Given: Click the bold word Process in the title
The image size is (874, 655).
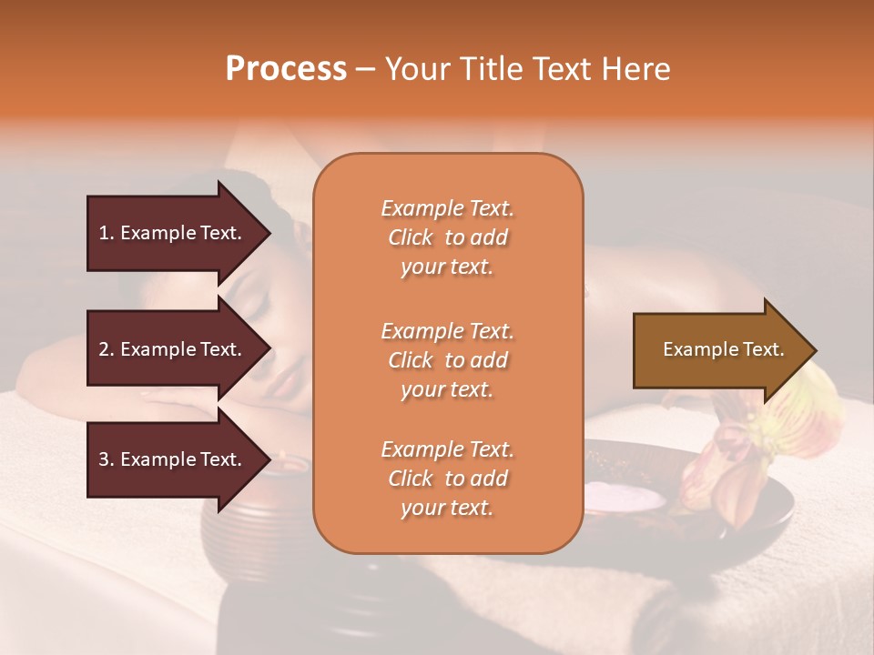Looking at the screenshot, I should [286, 69].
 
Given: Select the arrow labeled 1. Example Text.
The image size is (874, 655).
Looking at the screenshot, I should [173, 233].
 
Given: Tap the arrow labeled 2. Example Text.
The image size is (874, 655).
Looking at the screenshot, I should [173, 349].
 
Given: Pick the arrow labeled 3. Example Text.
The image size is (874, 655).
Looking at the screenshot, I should [173, 459].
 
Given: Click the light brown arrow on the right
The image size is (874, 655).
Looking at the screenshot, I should [719, 350].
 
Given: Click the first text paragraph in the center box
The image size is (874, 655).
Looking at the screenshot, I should [447, 237].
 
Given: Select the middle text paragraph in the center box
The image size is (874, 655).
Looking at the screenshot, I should [447, 360].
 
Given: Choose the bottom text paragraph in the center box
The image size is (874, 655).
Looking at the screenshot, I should [447, 479].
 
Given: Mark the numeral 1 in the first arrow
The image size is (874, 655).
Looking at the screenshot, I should [104, 233].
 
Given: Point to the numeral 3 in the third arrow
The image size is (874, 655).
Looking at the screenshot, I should [104, 459].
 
